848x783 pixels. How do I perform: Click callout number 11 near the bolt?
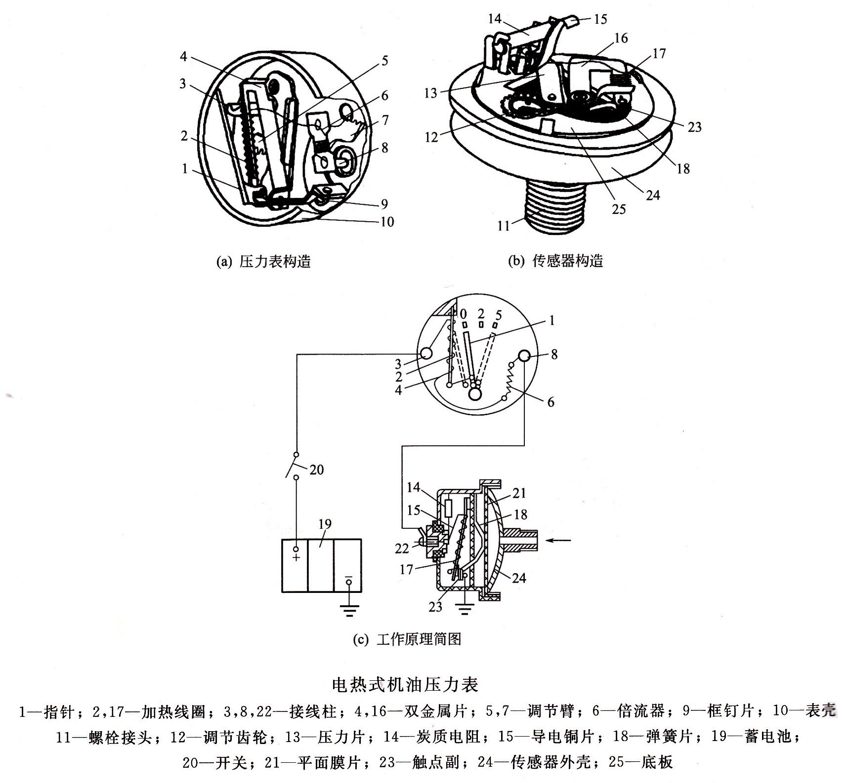[x=503, y=226]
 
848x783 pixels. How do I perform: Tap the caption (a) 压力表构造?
[x=264, y=261]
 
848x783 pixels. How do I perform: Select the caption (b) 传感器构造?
[x=555, y=261]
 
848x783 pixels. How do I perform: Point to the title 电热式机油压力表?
[x=405, y=685]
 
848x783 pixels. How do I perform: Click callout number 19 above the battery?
[x=325, y=524]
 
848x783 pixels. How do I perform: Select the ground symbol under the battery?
[x=349, y=612]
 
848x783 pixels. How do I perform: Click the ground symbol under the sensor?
[x=465, y=610]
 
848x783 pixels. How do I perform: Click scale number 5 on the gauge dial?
[x=498, y=314]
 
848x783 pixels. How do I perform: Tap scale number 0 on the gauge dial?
[x=463, y=314]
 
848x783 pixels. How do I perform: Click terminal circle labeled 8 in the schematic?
[x=524, y=356]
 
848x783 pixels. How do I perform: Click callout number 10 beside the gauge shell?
[x=387, y=222]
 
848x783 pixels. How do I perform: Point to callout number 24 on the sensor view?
[x=653, y=195]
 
